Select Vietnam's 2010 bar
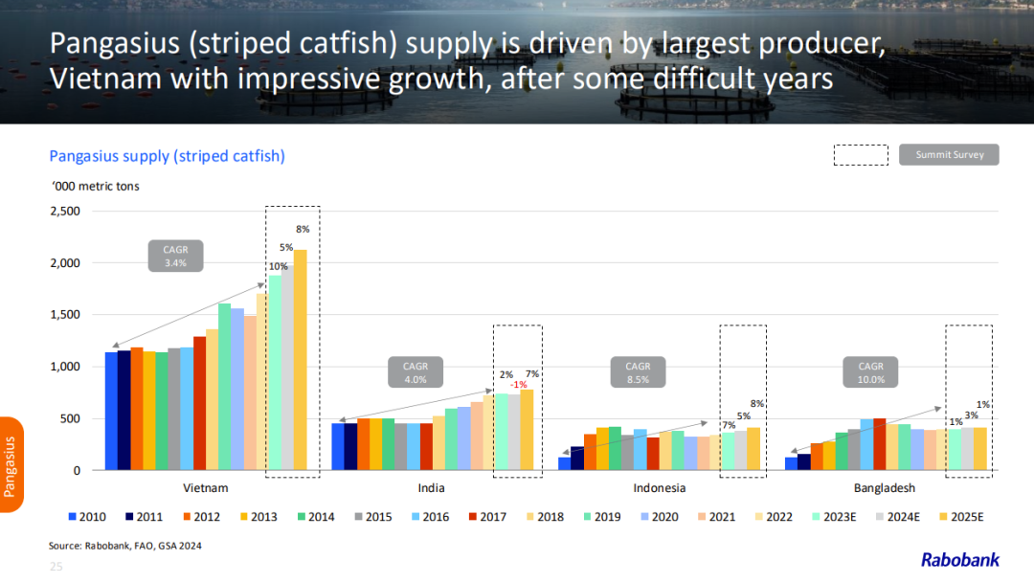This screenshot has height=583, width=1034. pyautogui.click(x=111, y=412)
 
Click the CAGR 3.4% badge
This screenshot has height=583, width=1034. pyautogui.click(x=175, y=256)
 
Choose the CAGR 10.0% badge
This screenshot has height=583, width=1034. pyautogui.click(x=870, y=372)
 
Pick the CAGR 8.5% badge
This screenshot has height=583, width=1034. pyautogui.click(x=638, y=372)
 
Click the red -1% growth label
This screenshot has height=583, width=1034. pyautogui.click(x=518, y=385)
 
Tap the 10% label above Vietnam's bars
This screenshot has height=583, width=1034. pyautogui.click(x=278, y=266)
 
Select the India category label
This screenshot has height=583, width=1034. pyautogui.click(x=431, y=488)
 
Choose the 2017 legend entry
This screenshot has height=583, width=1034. pyautogui.click(x=486, y=517)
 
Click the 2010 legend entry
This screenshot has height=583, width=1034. pyautogui.click(x=86, y=517)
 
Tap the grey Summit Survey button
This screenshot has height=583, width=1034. pyautogui.click(x=949, y=154)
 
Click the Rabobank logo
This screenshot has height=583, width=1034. pyautogui.click(x=960, y=560)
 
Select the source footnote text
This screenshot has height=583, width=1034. pyautogui.click(x=125, y=546)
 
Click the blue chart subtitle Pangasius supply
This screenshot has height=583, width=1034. pyautogui.click(x=167, y=156)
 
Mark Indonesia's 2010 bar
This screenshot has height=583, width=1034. pyautogui.click(x=565, y=463)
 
